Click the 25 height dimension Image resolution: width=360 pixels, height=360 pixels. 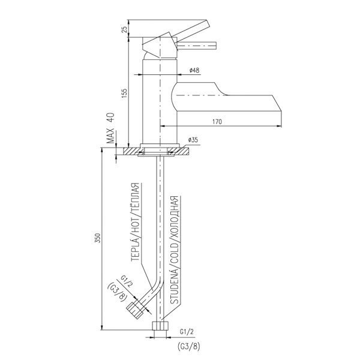pos(124,29)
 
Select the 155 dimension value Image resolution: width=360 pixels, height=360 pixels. pos(124,94)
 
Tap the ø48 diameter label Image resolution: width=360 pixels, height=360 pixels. pos(194,70)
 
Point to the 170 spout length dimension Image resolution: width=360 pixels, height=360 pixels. pos(217,121)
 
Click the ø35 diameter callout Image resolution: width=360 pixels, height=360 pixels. pos(193,140)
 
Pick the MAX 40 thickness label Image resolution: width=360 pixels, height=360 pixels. pos(110,128)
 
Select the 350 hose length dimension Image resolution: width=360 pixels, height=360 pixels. pos(98,238)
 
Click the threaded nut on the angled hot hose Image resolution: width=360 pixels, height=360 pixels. pos(135,310)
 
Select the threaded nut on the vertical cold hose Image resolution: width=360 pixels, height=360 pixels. pos(160,326)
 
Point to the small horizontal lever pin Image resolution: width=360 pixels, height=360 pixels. pos(196,46)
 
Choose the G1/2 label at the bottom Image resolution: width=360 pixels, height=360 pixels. pos(187,332)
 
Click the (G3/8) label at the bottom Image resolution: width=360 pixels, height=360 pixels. pos(189,346)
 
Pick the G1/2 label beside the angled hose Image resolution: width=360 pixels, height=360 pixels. pos(126,281)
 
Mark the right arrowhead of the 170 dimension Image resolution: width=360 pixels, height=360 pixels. pos(279,126)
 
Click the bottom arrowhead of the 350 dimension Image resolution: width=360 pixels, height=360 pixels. pos(102,328)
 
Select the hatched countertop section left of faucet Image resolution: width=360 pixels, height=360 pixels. pos(132,151)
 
